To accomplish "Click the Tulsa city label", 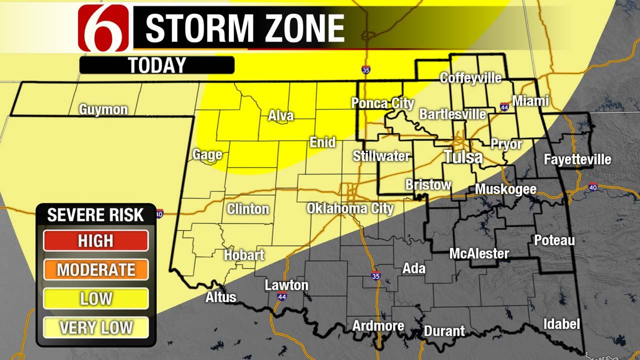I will (x=463, y=157).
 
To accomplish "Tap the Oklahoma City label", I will (x=350, y=208).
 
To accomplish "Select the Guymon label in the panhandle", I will (x=103, y=109).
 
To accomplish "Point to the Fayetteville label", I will (x=577, y=159).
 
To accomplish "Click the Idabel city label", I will (x=561, y=324).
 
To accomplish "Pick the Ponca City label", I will (x=382, y=103).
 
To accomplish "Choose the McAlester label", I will (x=479, y=253).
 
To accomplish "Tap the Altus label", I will (x=220, y=297).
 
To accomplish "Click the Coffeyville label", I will (x=470, y=78).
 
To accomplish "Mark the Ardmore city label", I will (x=378, y=326).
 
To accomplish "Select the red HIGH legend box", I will (x=95, y=241).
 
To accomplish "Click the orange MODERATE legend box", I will (x=95, y=270).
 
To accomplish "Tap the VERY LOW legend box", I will (x=95, y=328).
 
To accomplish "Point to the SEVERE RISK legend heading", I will (x=95, y=215).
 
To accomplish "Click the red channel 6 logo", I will (x=105, y=28).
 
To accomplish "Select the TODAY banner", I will (x=156, y=65).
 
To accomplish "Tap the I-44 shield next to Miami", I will (x=504, y=106).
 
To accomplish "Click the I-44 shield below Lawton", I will (x=281, y=296).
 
